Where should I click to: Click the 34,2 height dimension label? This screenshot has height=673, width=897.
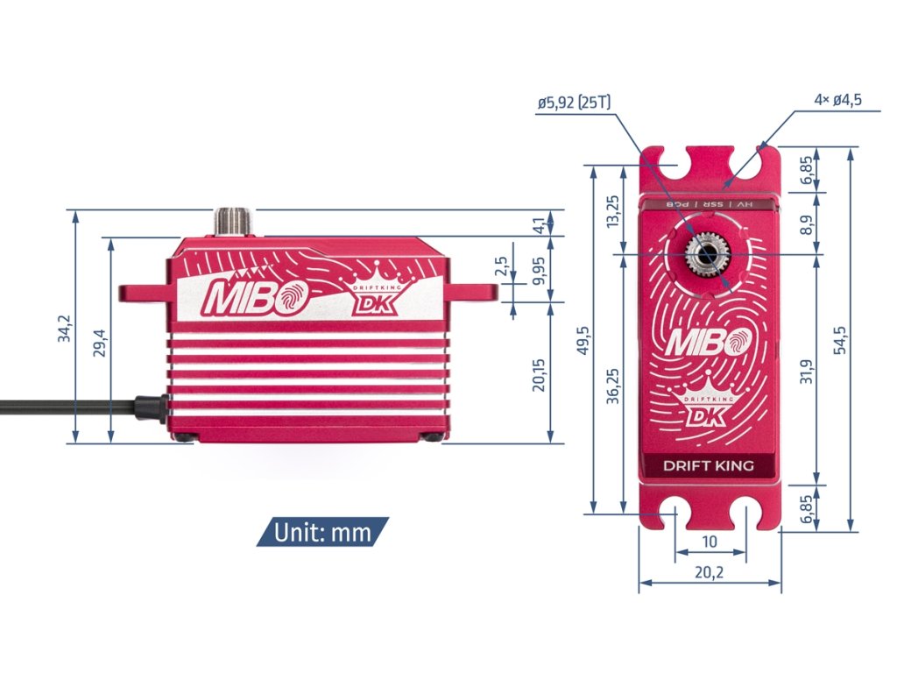pos(64,328)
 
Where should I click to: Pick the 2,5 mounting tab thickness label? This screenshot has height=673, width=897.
pos(500,267)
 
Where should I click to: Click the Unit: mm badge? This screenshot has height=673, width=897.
pos(322,532)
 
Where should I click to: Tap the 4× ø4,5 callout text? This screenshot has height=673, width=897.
pos(837,99)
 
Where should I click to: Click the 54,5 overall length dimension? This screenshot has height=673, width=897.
pos(840,338)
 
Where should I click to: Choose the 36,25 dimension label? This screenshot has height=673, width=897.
pos(613,386)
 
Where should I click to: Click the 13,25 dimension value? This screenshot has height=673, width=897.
pos(613,211)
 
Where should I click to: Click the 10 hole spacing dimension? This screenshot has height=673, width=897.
pos(710,542)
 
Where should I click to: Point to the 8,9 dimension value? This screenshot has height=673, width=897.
pos(806,224)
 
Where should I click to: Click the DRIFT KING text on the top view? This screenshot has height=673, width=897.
pos(708,465)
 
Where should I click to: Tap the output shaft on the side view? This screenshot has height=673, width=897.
pos(233,221)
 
